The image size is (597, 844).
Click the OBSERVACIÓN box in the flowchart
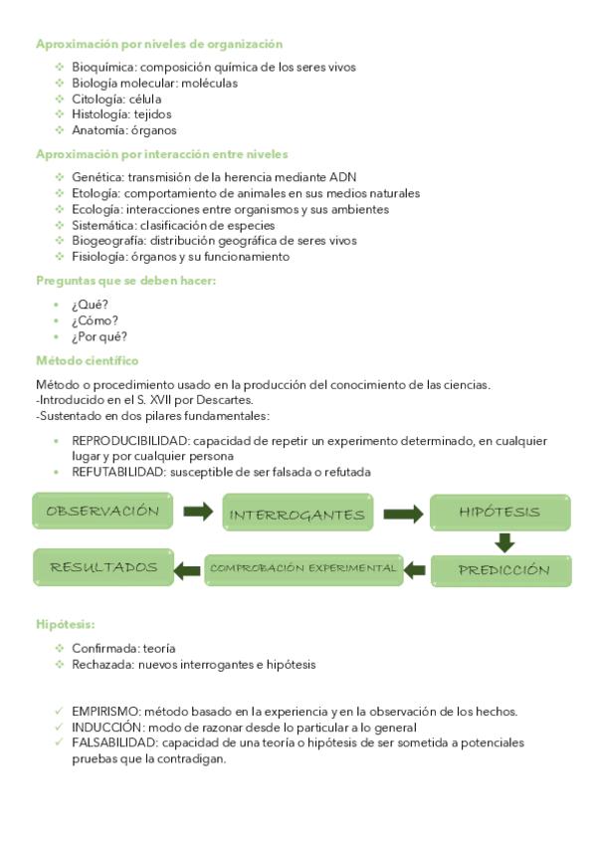tap(102, 511)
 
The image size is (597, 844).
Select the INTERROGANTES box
tap(298, 515)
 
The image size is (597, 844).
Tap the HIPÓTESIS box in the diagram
tap(499, 512)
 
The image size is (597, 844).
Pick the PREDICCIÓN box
tap(503, 570)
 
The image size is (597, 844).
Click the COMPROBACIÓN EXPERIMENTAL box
tap(302, 568)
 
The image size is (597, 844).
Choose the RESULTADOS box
tap(103, 567)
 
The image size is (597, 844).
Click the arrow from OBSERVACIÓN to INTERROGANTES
tap(198, 512)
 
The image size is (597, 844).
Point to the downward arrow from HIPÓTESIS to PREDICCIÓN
tap(504, 542)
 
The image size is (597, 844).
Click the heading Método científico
tap(88, 360)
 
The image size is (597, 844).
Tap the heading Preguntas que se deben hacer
tap(125, 281)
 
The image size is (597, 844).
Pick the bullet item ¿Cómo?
tap(95, 320)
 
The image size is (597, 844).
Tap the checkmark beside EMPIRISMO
tap(59, 711)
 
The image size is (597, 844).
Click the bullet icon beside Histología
tap(59, 114)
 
